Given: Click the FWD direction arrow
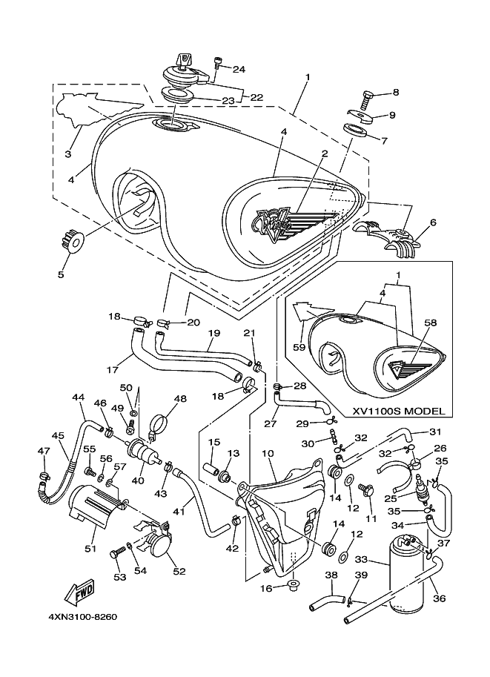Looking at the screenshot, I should pos(79,593).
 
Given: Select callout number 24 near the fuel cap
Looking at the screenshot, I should pos(239,70).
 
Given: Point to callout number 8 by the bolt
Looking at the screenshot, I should pos(395,93).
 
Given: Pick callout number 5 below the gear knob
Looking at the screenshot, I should pos(61,274).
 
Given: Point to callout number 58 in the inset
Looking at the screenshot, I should pos(431,324).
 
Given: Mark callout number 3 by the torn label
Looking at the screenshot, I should pos(68,154).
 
